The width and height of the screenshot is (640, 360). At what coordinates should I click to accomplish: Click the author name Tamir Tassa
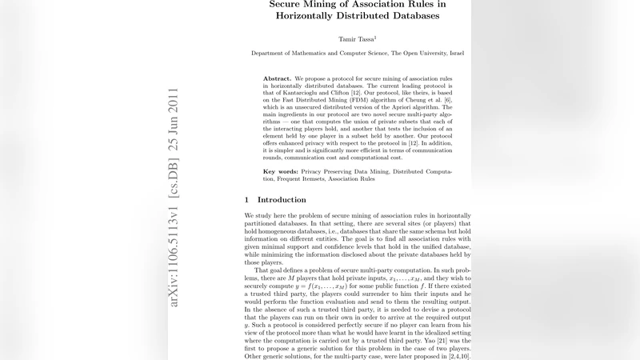click(x=354, y=38)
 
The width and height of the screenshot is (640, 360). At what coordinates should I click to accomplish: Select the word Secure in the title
click(x=291, y=4)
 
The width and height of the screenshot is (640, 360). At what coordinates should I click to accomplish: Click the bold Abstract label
click(x=277, y=79)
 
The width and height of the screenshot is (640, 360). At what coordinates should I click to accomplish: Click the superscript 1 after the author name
click(x=375, y=35)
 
